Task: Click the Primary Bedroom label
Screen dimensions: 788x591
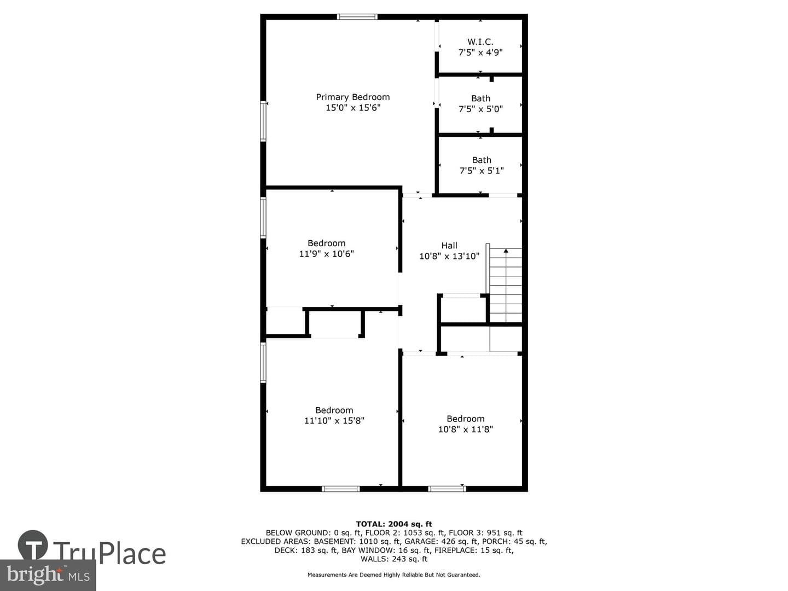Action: pyautogui.click(x=352, y=97)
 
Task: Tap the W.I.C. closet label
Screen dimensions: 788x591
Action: pyautogui.click(x=480, y=42)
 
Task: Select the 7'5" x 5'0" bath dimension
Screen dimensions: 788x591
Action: pyautogui.click(x=480, y=109)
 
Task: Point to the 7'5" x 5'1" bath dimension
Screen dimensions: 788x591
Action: pyautogui.click(x=482, y=170)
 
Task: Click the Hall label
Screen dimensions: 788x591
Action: pyautogui.click(x=449, y=246)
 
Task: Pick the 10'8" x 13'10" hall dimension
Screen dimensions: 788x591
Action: pyautogui.click(x=449, y=256)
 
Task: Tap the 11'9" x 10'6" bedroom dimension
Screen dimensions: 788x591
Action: pyautogui.click(x=326, y=254)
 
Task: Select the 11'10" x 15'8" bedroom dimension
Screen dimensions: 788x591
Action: pyautogui.click(x=334, y=421)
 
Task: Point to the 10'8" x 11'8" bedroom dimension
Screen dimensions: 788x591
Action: pyautogui.click(x=465, y=429)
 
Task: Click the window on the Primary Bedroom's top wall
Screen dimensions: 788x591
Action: pyautogui.click(x=357, y=16)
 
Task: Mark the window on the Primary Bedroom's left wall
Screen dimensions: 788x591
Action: pyautogui.click(x=263, y=121)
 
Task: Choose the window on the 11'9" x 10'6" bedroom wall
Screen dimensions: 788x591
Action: pyautogui.click(x=263, y=217)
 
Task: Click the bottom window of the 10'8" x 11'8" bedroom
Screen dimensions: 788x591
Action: pyautogui.click(x=447, y=489)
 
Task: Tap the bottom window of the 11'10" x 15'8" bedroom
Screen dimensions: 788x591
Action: pyautogui.click(x=341, y=489)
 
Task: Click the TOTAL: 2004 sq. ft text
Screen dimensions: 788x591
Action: pyautogui.click(x=394, y=524)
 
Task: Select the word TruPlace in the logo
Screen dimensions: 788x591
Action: pyautogui.click(x=109, y=554)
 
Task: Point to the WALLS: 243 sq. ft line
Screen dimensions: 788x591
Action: pyautogui.click(x=394, y=559)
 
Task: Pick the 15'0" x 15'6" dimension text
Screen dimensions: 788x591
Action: pyautogui.click(x=352, y=108)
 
